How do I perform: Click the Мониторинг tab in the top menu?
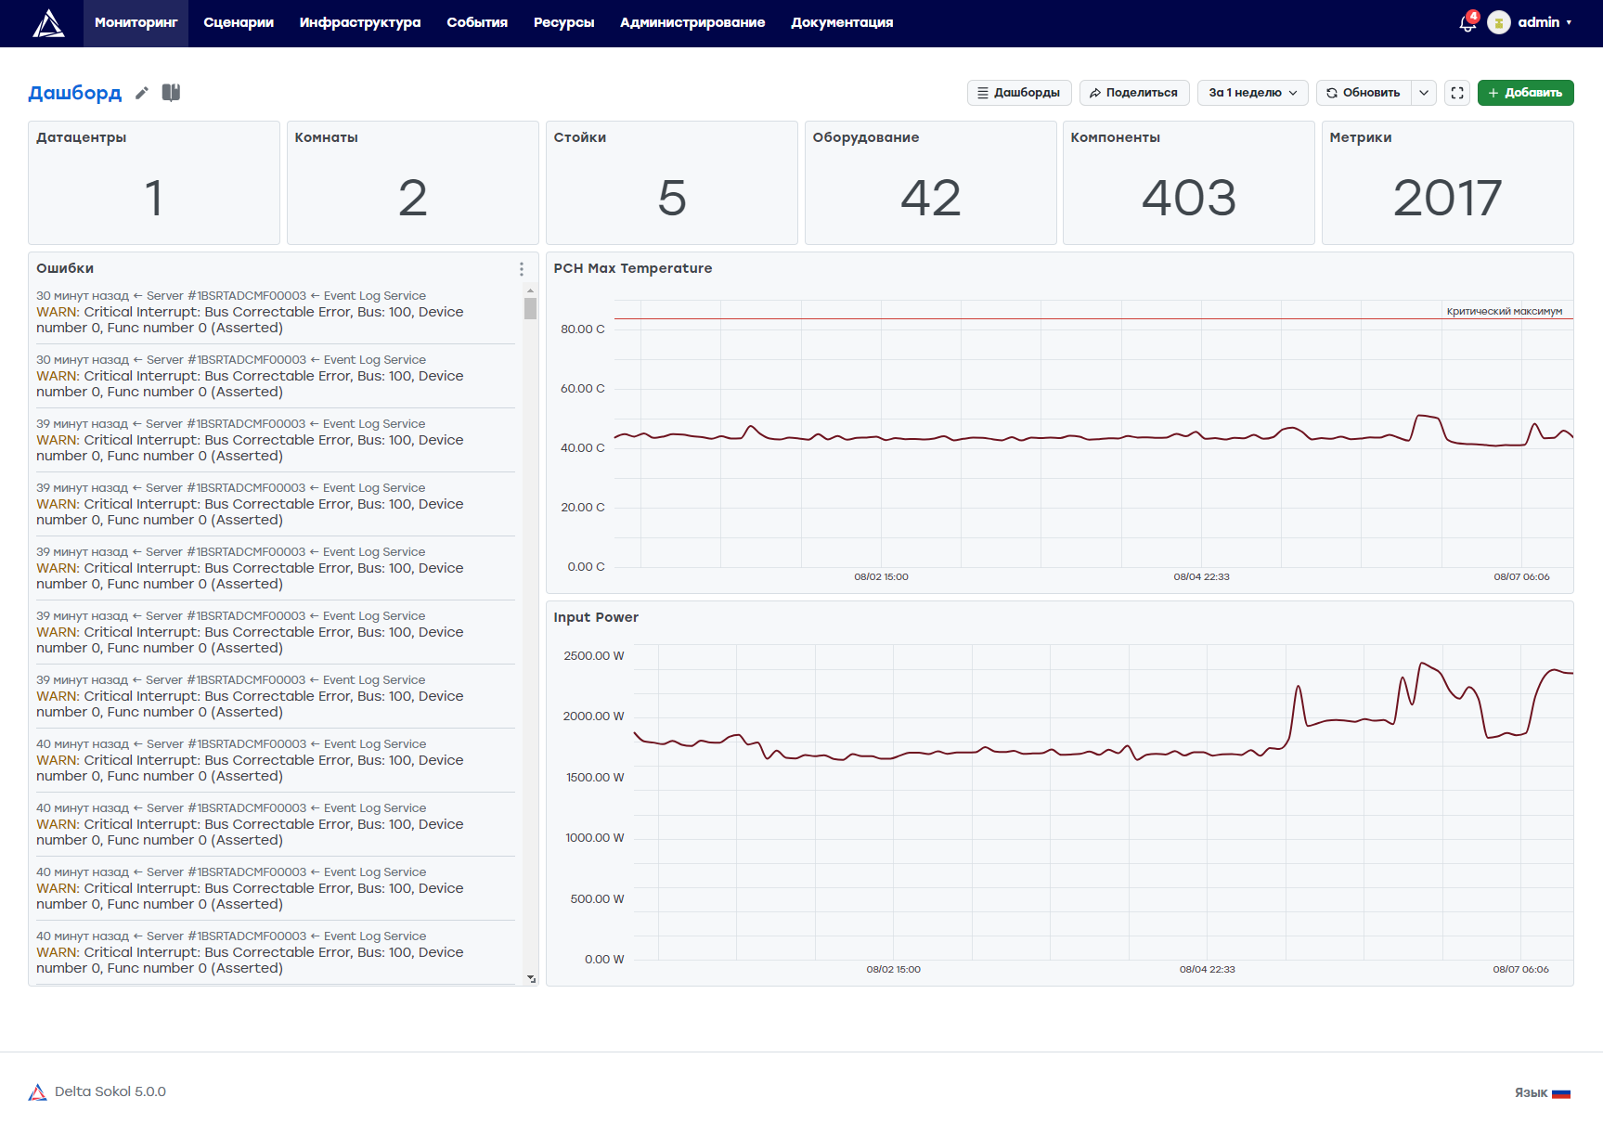pyautogui.click(x=136, y=22)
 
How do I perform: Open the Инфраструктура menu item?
pyautogui.click(x=360, y=22)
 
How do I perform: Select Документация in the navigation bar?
pyautogui.click(x=842, y=22)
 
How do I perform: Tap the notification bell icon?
pyautogui.click(x=1467, y=22)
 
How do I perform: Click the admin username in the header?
pyautogui.click(x=1538, y=22)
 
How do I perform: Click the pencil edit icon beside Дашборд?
pyautogui.click(x=142, y=93)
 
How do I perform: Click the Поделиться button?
pyautogui.click(x=1133, y=93)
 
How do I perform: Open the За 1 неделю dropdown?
pyautogui.click(x=1253, y=93)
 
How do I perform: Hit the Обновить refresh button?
pyautogui.click(x=1364, y=93)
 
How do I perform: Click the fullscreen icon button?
pyautogui.click(x=1457, y=93)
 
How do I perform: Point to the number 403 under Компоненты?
pyautogui.click(x=1189, y=198)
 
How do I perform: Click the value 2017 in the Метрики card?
pyautogui.click(x=1447, y=198)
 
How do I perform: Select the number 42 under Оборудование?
pyautogui.click(x=931, y=198)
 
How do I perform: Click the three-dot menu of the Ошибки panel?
pyautogui.click(x=522, y=269)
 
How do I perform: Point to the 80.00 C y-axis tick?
pyautogui.click(x=582, y=329)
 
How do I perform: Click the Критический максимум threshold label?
pyautogui.click(x=1505, y=311)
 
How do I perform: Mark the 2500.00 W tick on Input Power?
pyautogui.click(x=593, y=656)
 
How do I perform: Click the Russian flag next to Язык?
pyautogui.click(x=1561, y=1093)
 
